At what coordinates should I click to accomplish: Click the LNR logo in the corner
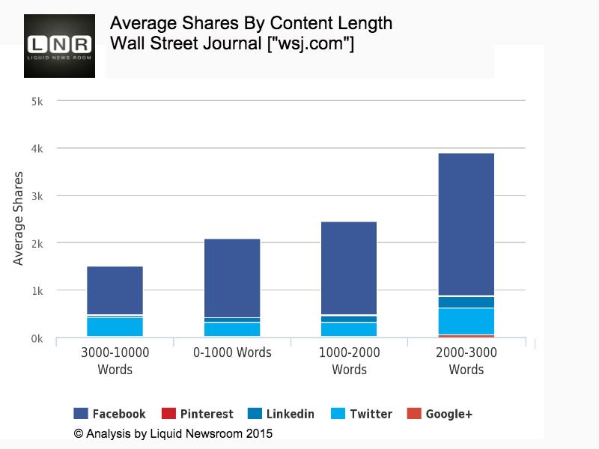[60, 46]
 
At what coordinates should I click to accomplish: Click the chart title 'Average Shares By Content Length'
[251, 23]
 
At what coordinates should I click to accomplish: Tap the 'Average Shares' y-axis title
[19, 218]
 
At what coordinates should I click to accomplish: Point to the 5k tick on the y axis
[37, 100]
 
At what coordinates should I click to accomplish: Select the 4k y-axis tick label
[37, 148]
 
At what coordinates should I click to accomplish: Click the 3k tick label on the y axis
[37, 195]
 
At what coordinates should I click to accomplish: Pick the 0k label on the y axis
[37, 339]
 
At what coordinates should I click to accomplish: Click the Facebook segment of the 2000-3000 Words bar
[466, 224]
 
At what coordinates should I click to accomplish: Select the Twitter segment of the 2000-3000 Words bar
[466, 321]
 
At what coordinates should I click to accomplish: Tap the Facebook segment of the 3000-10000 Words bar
[115, 290]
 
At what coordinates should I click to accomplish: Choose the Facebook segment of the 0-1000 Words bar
[232, 278]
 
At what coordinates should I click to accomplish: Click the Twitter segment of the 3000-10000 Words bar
[115, 327]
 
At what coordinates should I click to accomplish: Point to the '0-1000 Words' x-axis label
[232, 352]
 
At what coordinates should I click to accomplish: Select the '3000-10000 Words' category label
[115, 361]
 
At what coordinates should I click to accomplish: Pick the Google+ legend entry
[440, 414]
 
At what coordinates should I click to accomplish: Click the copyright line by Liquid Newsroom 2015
[173, 433]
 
